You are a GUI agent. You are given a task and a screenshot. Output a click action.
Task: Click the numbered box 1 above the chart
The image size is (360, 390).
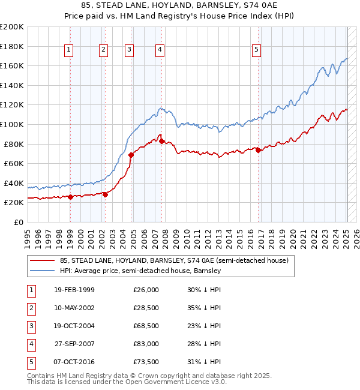(x=70, y=50)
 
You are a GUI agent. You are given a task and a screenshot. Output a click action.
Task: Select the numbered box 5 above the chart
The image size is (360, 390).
(x=256, y=50)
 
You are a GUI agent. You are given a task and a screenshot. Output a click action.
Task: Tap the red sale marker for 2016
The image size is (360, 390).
(x=259, y=151)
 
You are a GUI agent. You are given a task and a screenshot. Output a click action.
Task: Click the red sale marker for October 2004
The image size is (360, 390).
(x=131, y=155)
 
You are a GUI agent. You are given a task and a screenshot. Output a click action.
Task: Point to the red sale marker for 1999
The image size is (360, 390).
(x=70, y=197)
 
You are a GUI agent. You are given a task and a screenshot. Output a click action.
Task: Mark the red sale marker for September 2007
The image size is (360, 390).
(x=162, y=141)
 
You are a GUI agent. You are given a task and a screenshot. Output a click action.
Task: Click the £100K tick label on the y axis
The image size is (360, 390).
(x=12, y=124)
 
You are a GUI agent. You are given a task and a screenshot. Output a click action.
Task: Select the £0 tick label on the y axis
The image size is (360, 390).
(x=19, y=222)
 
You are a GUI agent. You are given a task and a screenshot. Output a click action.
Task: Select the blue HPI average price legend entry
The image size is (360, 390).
(x=140, y=271)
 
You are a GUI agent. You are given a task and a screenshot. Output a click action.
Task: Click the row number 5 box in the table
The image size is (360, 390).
(x=31, y=362)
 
